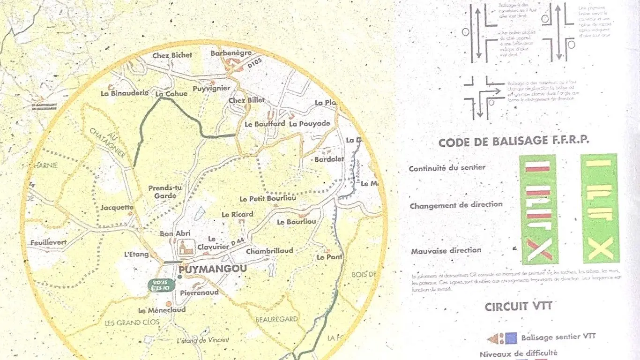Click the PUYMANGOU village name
(x=212, y=270)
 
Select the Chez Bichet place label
(x=172, y=55)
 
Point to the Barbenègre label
(x=231, y=53)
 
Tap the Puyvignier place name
(x=211, y=89)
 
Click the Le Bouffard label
(x=265, y=124)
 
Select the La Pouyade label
(x=310, y=124)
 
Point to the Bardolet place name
(x=329, y=159)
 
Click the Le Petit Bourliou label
(x=268, y=199)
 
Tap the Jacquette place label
(x=117, y=207)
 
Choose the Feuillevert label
(x=49, y=243)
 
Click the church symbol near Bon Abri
(x=186, y=247)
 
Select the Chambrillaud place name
(x=269, y=251)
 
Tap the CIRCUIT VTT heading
(x=518, y=307)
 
